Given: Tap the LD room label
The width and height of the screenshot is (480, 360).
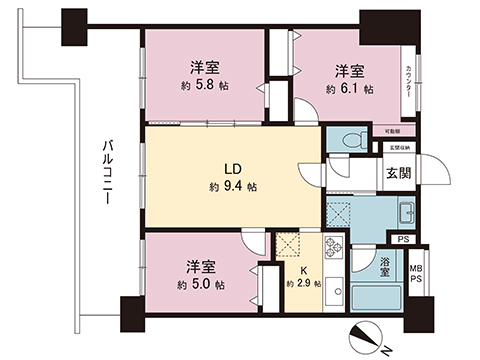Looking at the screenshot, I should (230, 169).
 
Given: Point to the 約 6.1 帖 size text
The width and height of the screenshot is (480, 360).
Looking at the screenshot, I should (349, 89).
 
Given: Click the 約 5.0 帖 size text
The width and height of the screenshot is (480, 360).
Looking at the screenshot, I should (202, 285).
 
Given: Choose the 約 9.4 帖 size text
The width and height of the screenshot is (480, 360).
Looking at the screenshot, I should (231, 187).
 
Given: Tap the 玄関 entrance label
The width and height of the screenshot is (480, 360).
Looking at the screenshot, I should (398, 174).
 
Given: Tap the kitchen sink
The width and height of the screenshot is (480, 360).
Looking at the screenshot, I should (334, 298).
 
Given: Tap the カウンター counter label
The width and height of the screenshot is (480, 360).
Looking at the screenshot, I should (411, 77).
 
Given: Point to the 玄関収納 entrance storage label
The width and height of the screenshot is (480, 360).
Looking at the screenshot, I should (397, 148).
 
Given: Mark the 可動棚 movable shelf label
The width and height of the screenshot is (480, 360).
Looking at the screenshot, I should (392, 131).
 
